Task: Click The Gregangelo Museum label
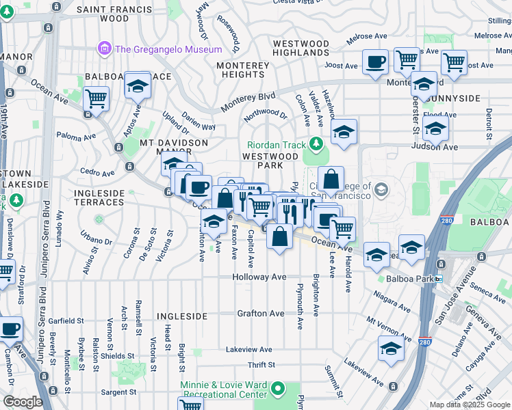tap(168, 49)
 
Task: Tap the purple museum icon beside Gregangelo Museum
tap(105, 49)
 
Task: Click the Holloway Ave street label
tap(259, 277)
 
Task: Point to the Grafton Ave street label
tap(261, 314)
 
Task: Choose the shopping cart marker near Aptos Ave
tap(97, 100)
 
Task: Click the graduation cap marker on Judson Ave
tap(435, 128)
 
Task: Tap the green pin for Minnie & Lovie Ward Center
tap(277, 389)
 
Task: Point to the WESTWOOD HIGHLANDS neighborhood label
tap(301, 48)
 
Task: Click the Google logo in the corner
tap(23, 402)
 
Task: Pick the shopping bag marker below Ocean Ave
tap(280, 237)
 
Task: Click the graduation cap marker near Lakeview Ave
tap(391, 349)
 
